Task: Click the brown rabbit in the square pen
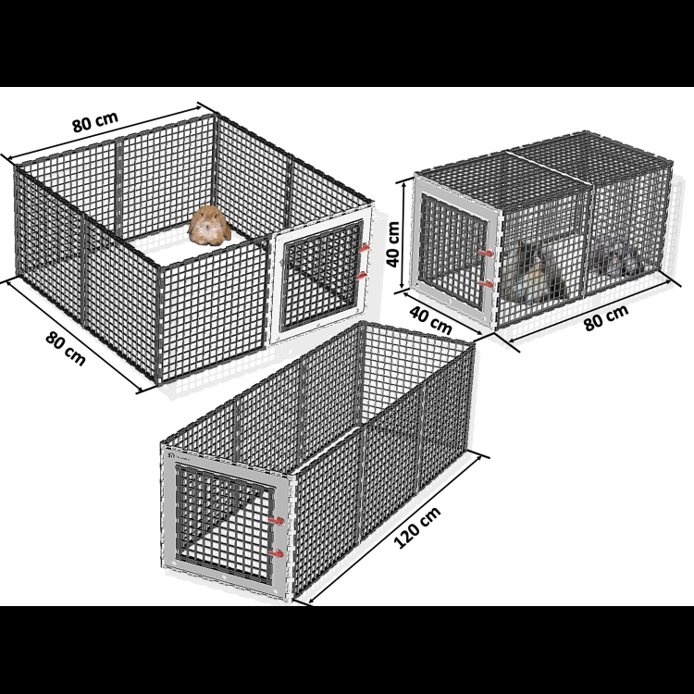pos(209,225)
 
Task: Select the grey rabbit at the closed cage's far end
pos(616,257)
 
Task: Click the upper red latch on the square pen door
pos(364,248)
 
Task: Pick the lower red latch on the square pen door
pos(362,276)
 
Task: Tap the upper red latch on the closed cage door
pos(486,254)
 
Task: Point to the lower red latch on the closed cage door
pos(486,284)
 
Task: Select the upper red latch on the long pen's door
pos(277,521)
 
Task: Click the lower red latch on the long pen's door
pos(277,553)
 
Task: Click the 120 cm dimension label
pos(417,527)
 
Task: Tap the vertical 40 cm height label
pos(393,244)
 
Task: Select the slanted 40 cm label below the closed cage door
pos(430,320)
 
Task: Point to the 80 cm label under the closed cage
pos(606,317)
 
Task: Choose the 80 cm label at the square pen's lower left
pos(66,348)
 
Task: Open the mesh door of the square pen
pos(322,277)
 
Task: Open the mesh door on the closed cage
pos(452,252)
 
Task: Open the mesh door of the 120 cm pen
pos(225,524)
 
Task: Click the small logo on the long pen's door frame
pos(171,454)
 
